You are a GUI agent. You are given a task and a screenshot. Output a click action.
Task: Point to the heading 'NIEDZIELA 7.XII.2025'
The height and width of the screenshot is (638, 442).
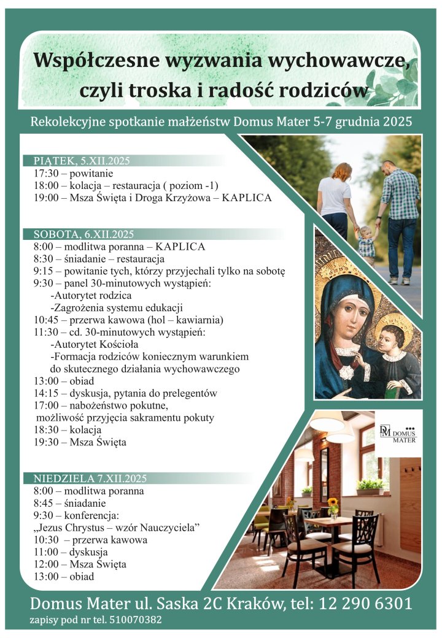90,479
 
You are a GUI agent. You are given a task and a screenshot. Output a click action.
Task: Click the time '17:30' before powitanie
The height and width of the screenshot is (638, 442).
47,174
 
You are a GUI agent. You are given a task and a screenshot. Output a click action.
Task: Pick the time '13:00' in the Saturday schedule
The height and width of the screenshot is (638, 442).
47,381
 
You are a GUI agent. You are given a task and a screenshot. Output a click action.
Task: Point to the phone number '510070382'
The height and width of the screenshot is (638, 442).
135,620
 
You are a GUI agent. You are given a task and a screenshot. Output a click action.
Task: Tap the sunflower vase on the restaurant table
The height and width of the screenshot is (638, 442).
333,507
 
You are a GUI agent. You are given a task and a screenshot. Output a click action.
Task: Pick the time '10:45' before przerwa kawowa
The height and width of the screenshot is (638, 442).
47,320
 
